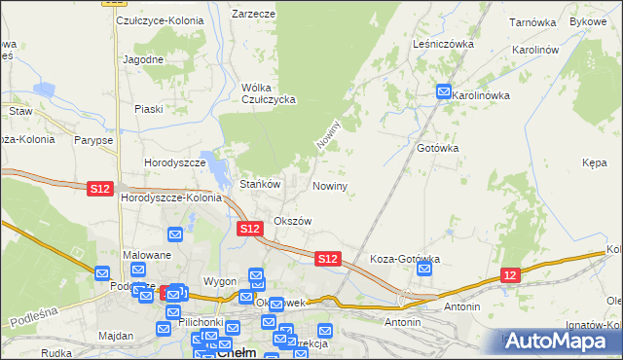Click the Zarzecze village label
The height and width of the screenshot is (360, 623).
253,15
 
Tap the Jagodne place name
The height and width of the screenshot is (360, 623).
143,59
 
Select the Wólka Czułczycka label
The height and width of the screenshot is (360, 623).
268,92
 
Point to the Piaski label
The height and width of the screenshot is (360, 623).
149,109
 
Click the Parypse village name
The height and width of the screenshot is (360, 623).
92,140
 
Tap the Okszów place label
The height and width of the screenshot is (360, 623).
292,221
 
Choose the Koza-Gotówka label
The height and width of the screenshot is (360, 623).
406,260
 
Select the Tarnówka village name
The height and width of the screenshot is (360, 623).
531,21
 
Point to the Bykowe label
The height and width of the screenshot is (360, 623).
588,21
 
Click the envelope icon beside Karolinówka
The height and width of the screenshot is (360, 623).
443,93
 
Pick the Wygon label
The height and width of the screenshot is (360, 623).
220,281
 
